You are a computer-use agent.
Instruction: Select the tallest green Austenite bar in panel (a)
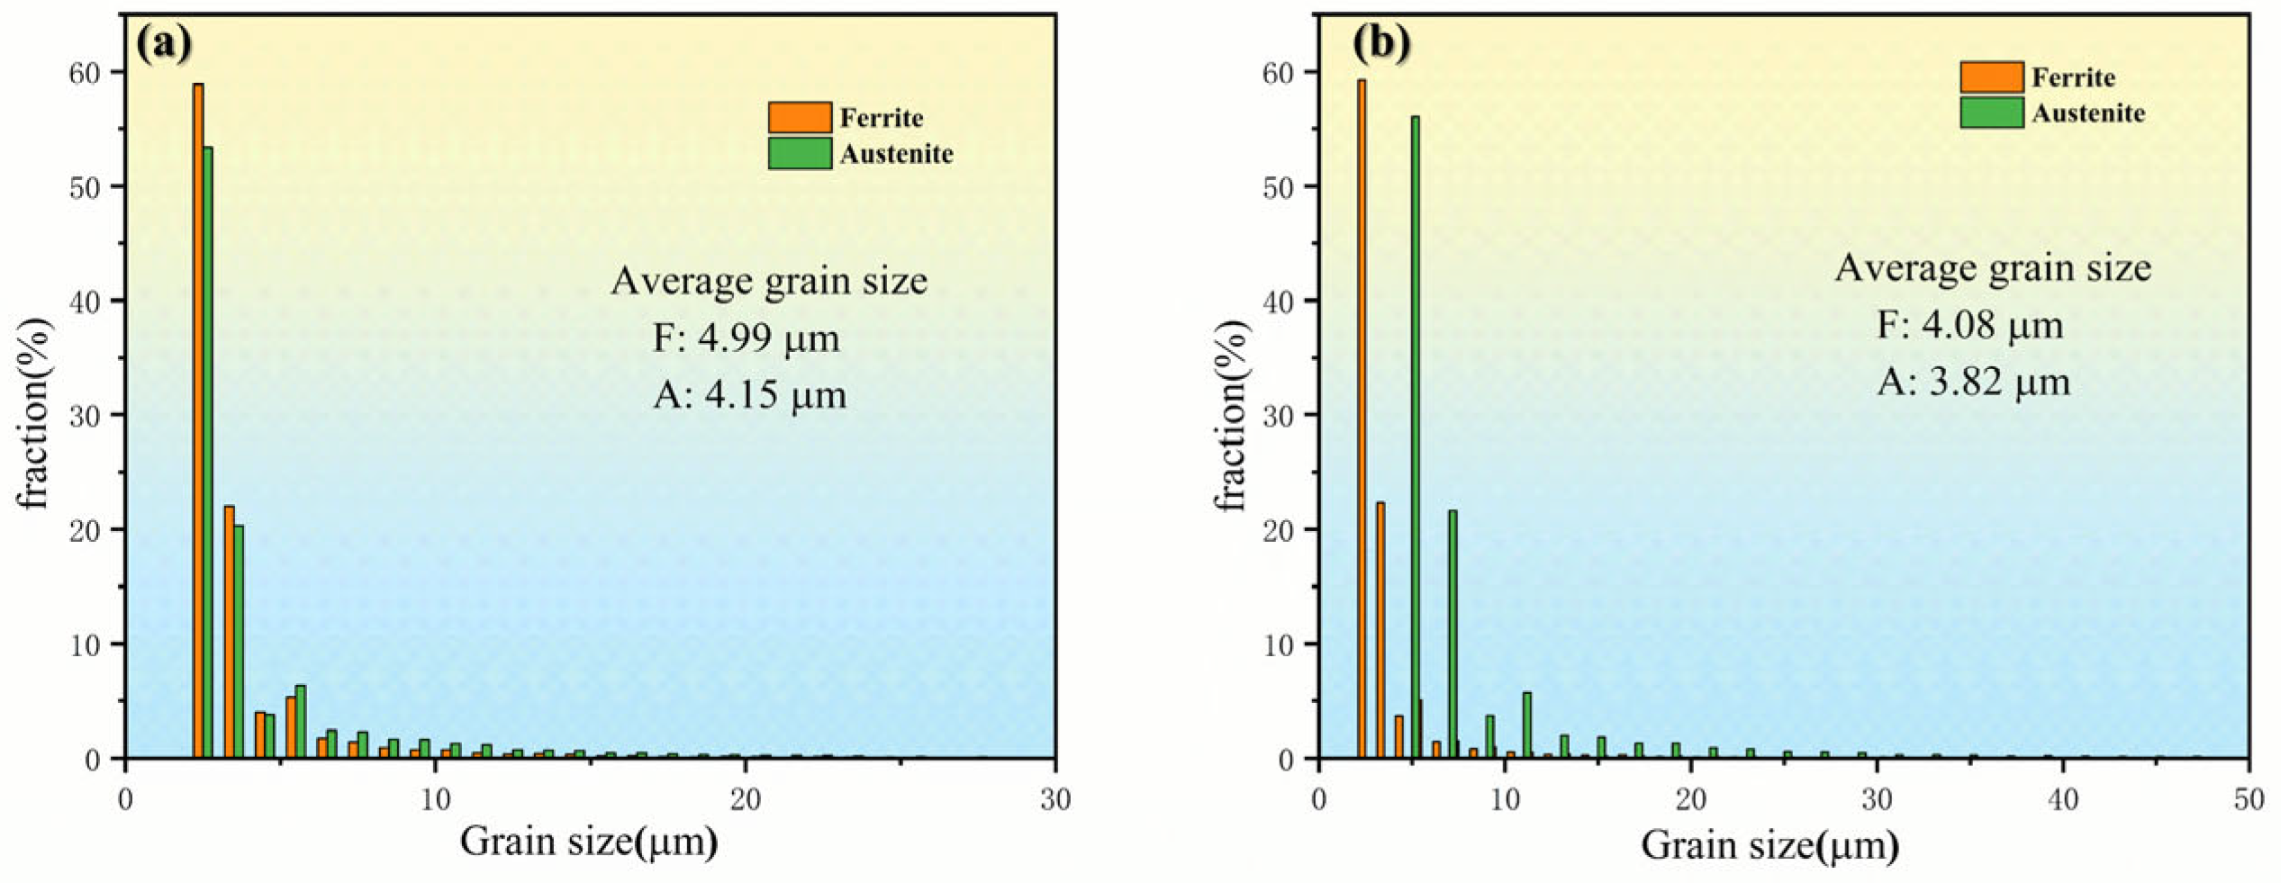pos(208,450)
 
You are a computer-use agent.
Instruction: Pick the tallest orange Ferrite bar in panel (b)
pos(1362,419)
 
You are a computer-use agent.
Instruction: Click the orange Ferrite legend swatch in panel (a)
pos(800,118)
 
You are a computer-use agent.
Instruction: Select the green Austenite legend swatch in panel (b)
pos(1992,113)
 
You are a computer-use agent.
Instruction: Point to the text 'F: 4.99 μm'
pos(747,338)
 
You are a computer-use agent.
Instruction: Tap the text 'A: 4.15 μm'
pos(750,395)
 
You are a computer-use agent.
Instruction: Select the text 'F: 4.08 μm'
pos(1970,325)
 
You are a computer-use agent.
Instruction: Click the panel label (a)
pos(164,41)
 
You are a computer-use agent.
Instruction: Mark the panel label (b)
pos(1381,41)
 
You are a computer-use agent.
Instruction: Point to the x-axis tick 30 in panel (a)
pos(1055,799)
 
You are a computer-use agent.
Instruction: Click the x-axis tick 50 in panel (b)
pos(2249,799)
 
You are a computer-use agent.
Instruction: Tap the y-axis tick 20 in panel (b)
pos(1279,530)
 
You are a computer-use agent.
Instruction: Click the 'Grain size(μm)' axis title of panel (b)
pos(1770,845)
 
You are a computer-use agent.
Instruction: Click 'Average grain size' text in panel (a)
pos(769,281)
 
